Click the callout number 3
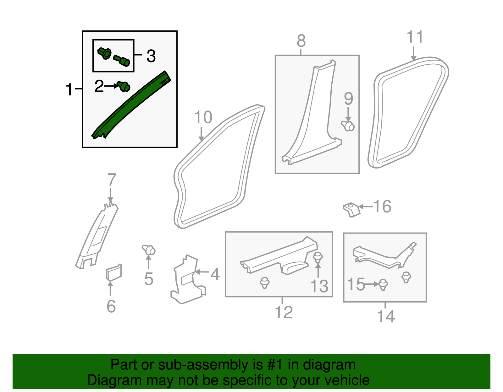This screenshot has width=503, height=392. click(151, 56)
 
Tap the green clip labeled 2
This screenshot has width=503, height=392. click(124, 86)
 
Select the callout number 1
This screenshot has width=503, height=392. click(69, 90)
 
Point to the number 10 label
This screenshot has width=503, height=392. click(203, 118)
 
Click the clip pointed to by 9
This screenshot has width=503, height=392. click(348, 126)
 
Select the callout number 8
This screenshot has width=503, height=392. click(301, 41)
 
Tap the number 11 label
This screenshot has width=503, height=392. click(415, 37)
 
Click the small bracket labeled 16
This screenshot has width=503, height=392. click(351, 209)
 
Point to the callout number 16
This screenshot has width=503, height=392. click(382, 207)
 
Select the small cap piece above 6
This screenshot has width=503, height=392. click(114, 272)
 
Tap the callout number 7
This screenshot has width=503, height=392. click(112, 180)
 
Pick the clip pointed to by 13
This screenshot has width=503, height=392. click(318, 257)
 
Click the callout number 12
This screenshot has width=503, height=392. click(284, 312)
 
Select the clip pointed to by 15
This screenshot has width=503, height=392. click(383, 284)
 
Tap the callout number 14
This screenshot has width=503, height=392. click(386, 316)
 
